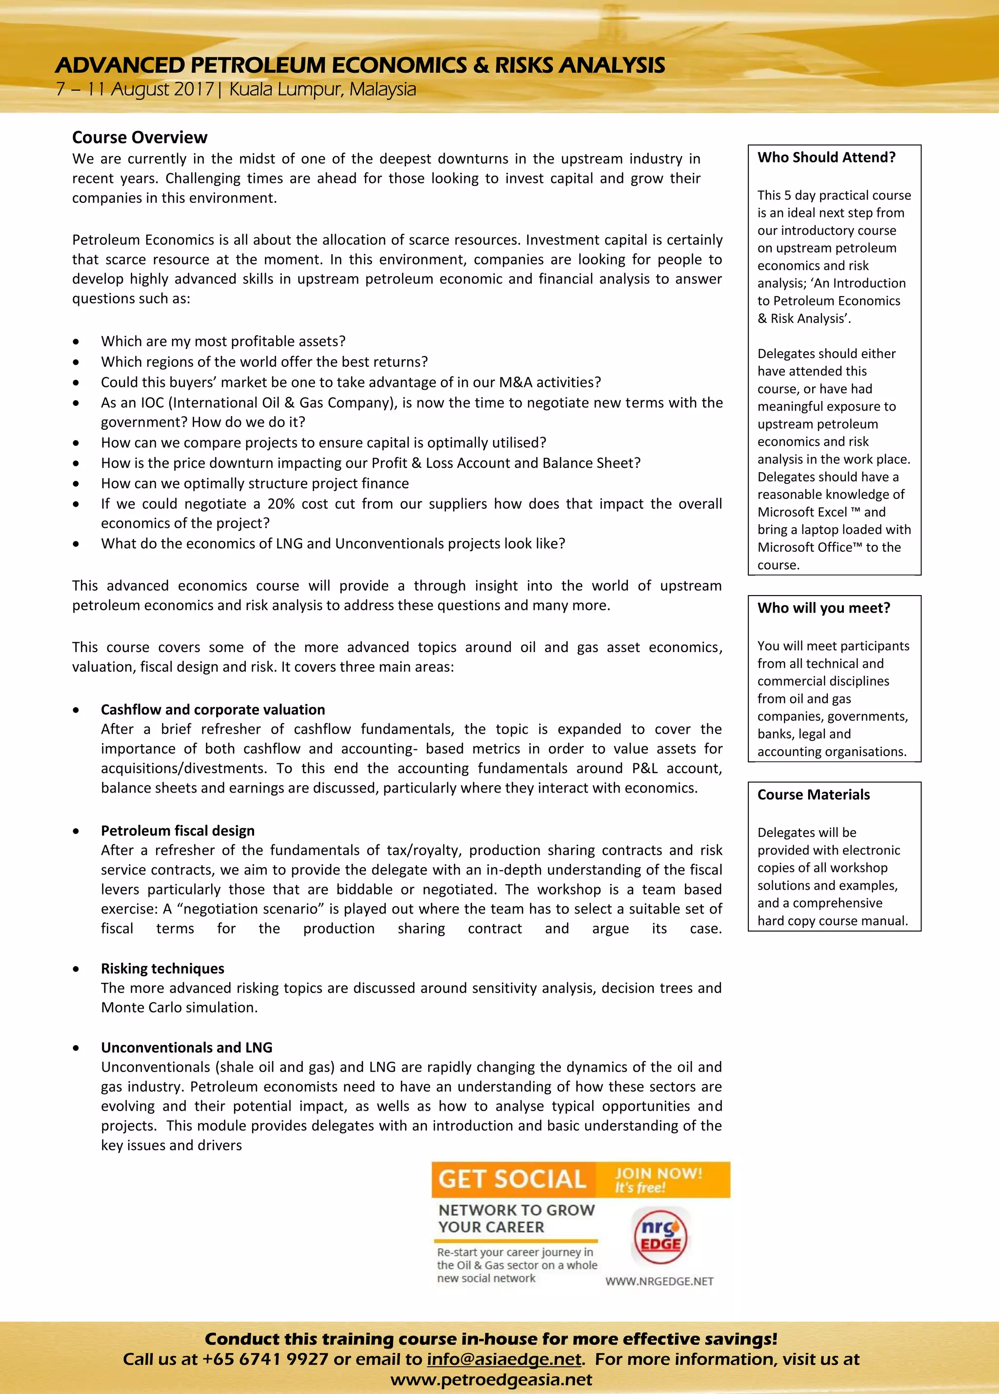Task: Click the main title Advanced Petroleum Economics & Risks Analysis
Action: [x=360, y=65]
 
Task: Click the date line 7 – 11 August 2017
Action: [x=134, y=90]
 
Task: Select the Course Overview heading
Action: [x=140, y=137]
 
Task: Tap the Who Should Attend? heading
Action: [x=826, y=158]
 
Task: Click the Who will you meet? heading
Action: [x=823, y=608]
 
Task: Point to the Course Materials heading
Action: [x=813, y=795]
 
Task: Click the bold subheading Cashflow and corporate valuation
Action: [x=213, y=709]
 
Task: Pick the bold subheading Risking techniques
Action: [x=162, y=968]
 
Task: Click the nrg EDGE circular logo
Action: [x=660, y=1236]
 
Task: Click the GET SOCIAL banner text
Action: [x=512, y=1179]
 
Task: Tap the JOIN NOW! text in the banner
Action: [x=659, y=1173]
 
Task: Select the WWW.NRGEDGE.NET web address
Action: [x=659, y=1281]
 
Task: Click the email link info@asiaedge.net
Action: [x=503, y=1359]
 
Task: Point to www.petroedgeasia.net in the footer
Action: [x=491, y=1379]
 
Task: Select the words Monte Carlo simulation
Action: [x=179, y=1007]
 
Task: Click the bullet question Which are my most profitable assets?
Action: [x=223, y=341]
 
